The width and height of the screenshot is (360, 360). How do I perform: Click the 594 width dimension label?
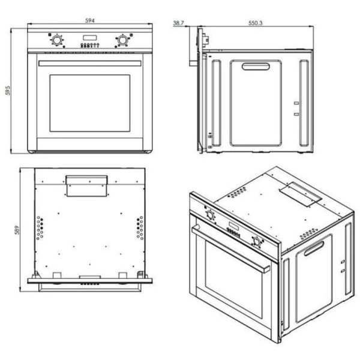click(90, 20)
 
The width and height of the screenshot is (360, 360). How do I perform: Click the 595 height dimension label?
click(8, 91)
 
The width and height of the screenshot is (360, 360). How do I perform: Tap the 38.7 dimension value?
click(178, 23)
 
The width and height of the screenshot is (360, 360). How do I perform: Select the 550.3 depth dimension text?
click(256, 23)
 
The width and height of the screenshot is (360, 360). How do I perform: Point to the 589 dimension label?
click(17, 230)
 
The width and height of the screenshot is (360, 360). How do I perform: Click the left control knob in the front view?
click(56, 40)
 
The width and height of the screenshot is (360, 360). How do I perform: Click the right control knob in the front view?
click(122, 40)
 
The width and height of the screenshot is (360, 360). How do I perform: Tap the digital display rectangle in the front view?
click(90, 37)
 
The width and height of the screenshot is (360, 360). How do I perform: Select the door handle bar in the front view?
click(90, 64)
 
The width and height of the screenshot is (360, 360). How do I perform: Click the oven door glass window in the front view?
click(90, 103)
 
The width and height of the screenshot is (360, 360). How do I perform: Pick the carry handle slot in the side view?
click(256, 67)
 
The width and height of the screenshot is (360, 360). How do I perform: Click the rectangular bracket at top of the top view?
click(86, 186)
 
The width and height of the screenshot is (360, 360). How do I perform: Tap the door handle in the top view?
click(90, 287)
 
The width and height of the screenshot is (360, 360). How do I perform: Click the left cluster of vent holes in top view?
click(40, 228)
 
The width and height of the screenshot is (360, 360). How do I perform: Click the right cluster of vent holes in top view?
click(140, 228)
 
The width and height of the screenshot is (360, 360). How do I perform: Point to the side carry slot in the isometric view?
click(314, 248)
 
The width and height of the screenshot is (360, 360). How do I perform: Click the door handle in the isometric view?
click(230, 249)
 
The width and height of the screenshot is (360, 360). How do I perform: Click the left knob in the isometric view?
click(210, 215)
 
